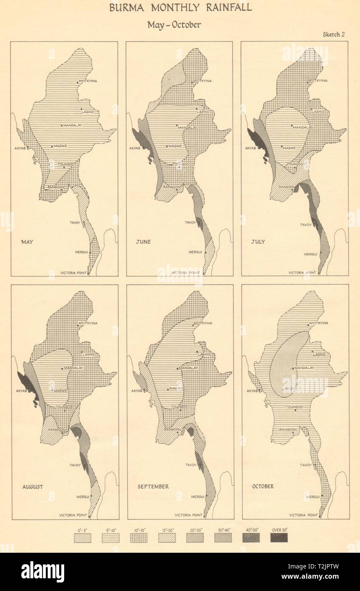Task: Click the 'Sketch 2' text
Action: tap(334, 35)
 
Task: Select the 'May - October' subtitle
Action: tap(174, 25)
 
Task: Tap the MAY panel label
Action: tap(27, 242)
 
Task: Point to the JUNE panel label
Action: tap(143, 242)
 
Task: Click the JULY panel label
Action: tap(258, 242)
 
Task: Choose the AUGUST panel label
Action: tap(32, 486)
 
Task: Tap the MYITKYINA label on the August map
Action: tap(89, 323)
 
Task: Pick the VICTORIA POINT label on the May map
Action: tap(74, 273)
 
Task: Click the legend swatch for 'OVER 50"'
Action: tap(279, 537)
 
